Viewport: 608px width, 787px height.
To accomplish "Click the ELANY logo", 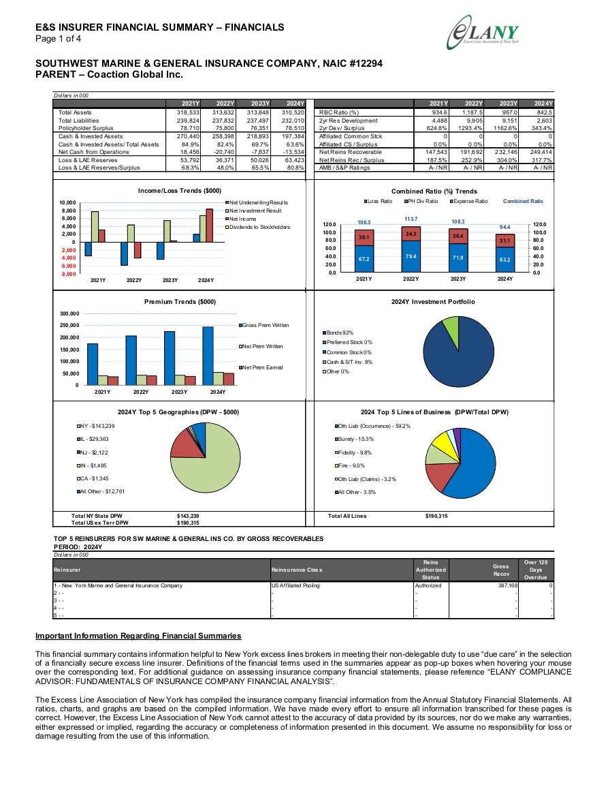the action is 483,33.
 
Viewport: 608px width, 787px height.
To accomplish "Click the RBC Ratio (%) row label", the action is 339,112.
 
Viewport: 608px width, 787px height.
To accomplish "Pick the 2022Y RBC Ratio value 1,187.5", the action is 473,112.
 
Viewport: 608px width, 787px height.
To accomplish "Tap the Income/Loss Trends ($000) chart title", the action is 180,191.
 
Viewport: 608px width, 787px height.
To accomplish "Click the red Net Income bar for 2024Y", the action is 210,226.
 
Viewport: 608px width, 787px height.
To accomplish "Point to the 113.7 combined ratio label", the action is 411,219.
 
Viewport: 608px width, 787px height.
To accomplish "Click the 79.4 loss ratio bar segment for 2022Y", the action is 411,256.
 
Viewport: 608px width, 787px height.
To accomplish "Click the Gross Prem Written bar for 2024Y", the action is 208,356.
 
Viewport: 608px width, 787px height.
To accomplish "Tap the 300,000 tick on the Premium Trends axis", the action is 69,313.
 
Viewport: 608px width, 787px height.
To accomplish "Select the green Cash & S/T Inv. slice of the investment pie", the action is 451,327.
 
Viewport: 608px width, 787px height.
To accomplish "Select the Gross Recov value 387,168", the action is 508,585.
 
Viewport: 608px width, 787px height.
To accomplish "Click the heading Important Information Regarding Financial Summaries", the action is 138,636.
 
